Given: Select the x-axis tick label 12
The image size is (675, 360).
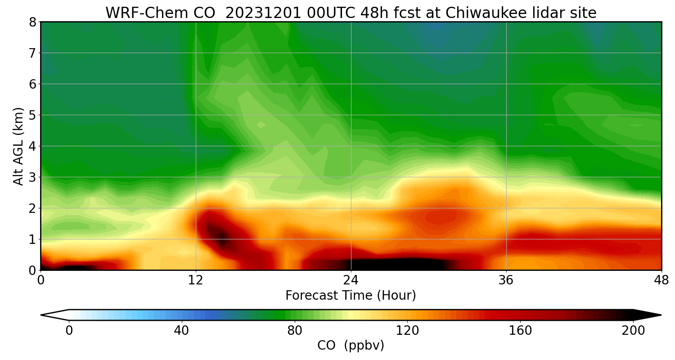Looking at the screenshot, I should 196,281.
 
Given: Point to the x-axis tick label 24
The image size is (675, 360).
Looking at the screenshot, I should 351,281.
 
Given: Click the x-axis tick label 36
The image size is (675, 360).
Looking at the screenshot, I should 506,281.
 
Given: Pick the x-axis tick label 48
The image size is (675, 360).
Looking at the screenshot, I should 661,281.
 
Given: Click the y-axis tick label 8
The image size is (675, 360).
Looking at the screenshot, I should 32,22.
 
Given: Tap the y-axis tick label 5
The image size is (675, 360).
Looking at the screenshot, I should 32,115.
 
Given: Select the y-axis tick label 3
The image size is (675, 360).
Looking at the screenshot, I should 32,177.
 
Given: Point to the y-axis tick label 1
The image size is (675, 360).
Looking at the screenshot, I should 32,239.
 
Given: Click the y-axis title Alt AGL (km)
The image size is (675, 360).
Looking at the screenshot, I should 18,146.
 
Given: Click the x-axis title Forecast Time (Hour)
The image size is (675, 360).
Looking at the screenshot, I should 351,296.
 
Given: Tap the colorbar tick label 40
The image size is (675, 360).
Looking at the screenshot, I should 181,331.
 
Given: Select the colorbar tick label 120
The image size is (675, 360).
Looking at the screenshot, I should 407,331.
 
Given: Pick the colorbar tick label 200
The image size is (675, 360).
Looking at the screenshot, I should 633,331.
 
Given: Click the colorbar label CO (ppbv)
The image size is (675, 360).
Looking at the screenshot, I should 351,346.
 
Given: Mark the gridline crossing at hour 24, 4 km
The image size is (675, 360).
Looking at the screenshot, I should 351,146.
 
